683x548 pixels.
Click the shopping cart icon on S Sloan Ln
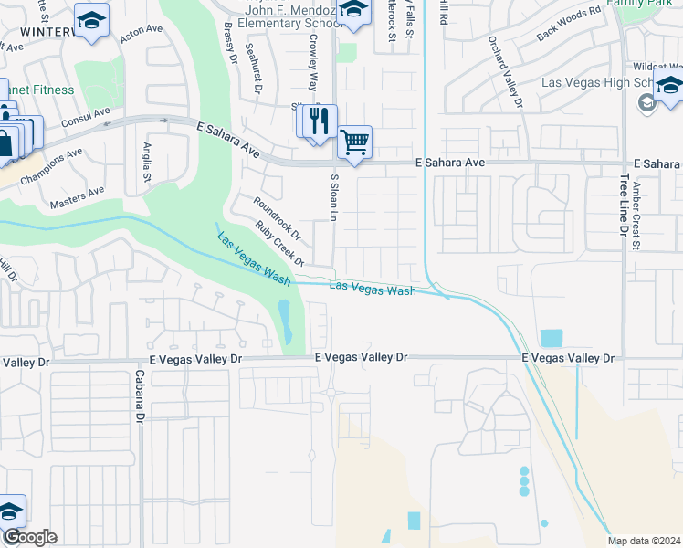tap(354, 142)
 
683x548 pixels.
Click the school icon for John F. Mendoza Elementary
tap(352, 12)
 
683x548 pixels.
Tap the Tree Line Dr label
tap(625, 211)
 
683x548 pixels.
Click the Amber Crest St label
tap(637, 216)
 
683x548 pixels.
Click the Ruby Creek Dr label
tap(279, 244)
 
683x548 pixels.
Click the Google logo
tap(29, 537)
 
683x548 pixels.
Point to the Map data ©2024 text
tap(644, 541)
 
